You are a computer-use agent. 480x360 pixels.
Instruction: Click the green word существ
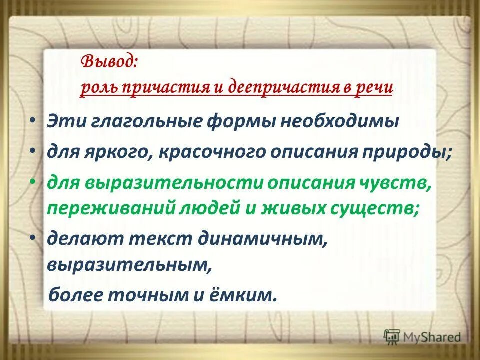[x=383, y=207]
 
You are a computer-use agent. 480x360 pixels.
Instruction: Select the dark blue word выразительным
[x=129, y=265]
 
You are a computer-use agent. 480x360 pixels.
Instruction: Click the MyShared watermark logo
[x=423, y=337]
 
